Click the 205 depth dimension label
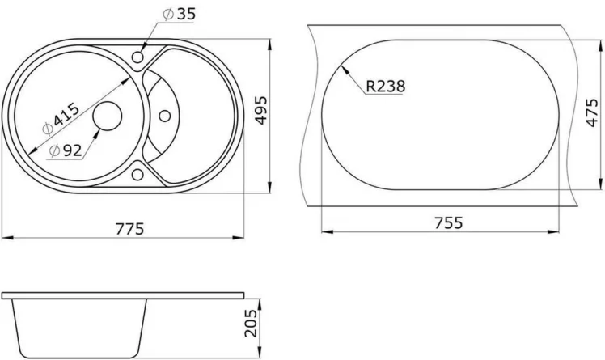[x=251, y=322]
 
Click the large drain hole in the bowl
[x=106, y=116]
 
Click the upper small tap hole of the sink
[x=137, y=58]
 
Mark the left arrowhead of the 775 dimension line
[x=5, y=237]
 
